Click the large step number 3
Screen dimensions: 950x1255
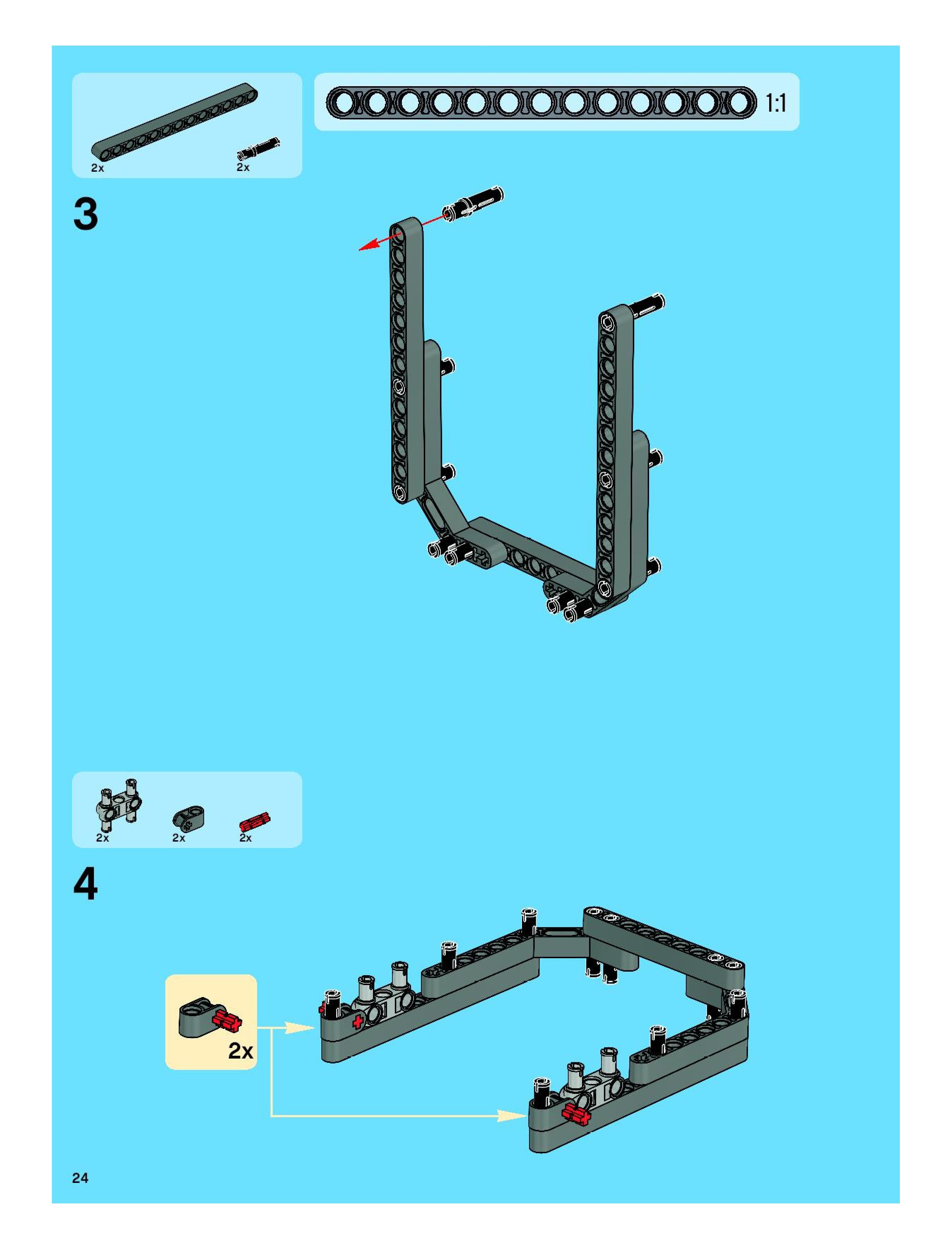coord(86,214)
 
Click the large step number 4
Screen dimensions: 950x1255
coord(86,884)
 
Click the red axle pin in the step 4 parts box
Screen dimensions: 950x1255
coord(255,821)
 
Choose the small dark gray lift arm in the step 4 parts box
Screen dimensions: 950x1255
coord(188,817)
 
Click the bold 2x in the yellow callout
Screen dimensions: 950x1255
coord(241,1051)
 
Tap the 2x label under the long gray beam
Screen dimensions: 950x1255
coord(97,168)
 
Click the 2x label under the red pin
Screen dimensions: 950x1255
coord(245,837)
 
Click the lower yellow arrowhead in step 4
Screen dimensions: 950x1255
coord(513,1116)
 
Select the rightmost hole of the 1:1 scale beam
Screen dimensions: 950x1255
coord(740,103)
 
